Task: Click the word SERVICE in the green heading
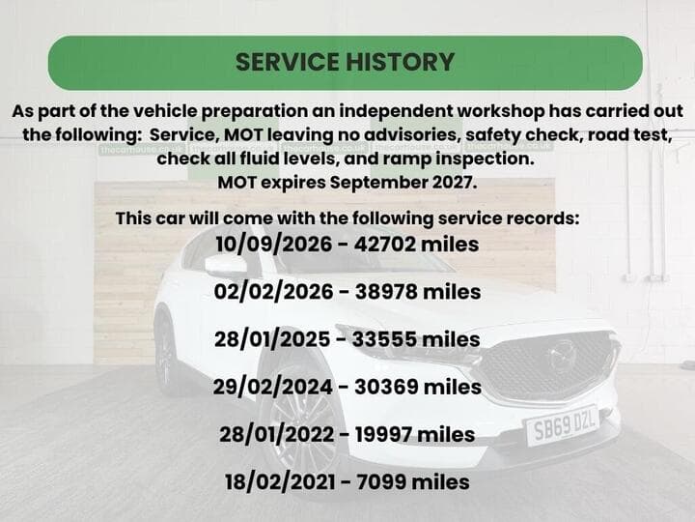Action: click(x=288, y=62)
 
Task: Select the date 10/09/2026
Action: click(x=274, y=245)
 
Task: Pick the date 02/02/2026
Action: click(x=273, y=292)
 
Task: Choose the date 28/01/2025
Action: click(x=272, y=339)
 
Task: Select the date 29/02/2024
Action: click(x=272, y=387)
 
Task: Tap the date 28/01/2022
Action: click(x=277, y=434)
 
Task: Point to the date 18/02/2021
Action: click(x=280, y=482)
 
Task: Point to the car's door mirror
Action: click(x=226, y=267)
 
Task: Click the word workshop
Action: click(x=500, y=111)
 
